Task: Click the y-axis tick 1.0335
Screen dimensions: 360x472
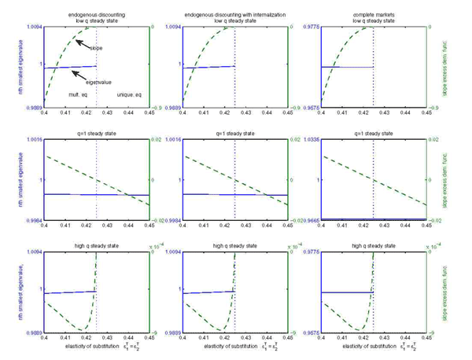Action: click(310, 138)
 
